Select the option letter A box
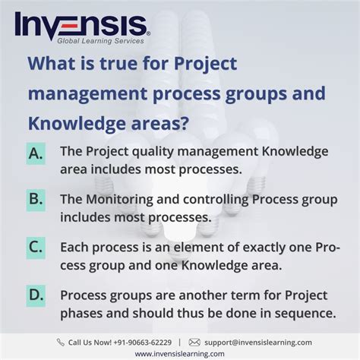click(x=36, y=153)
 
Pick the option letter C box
click(x=36, y=248)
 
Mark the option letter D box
click(x=36, y=295)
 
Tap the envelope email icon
click(x=194, y=342)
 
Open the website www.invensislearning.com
click(x=180, y=353)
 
